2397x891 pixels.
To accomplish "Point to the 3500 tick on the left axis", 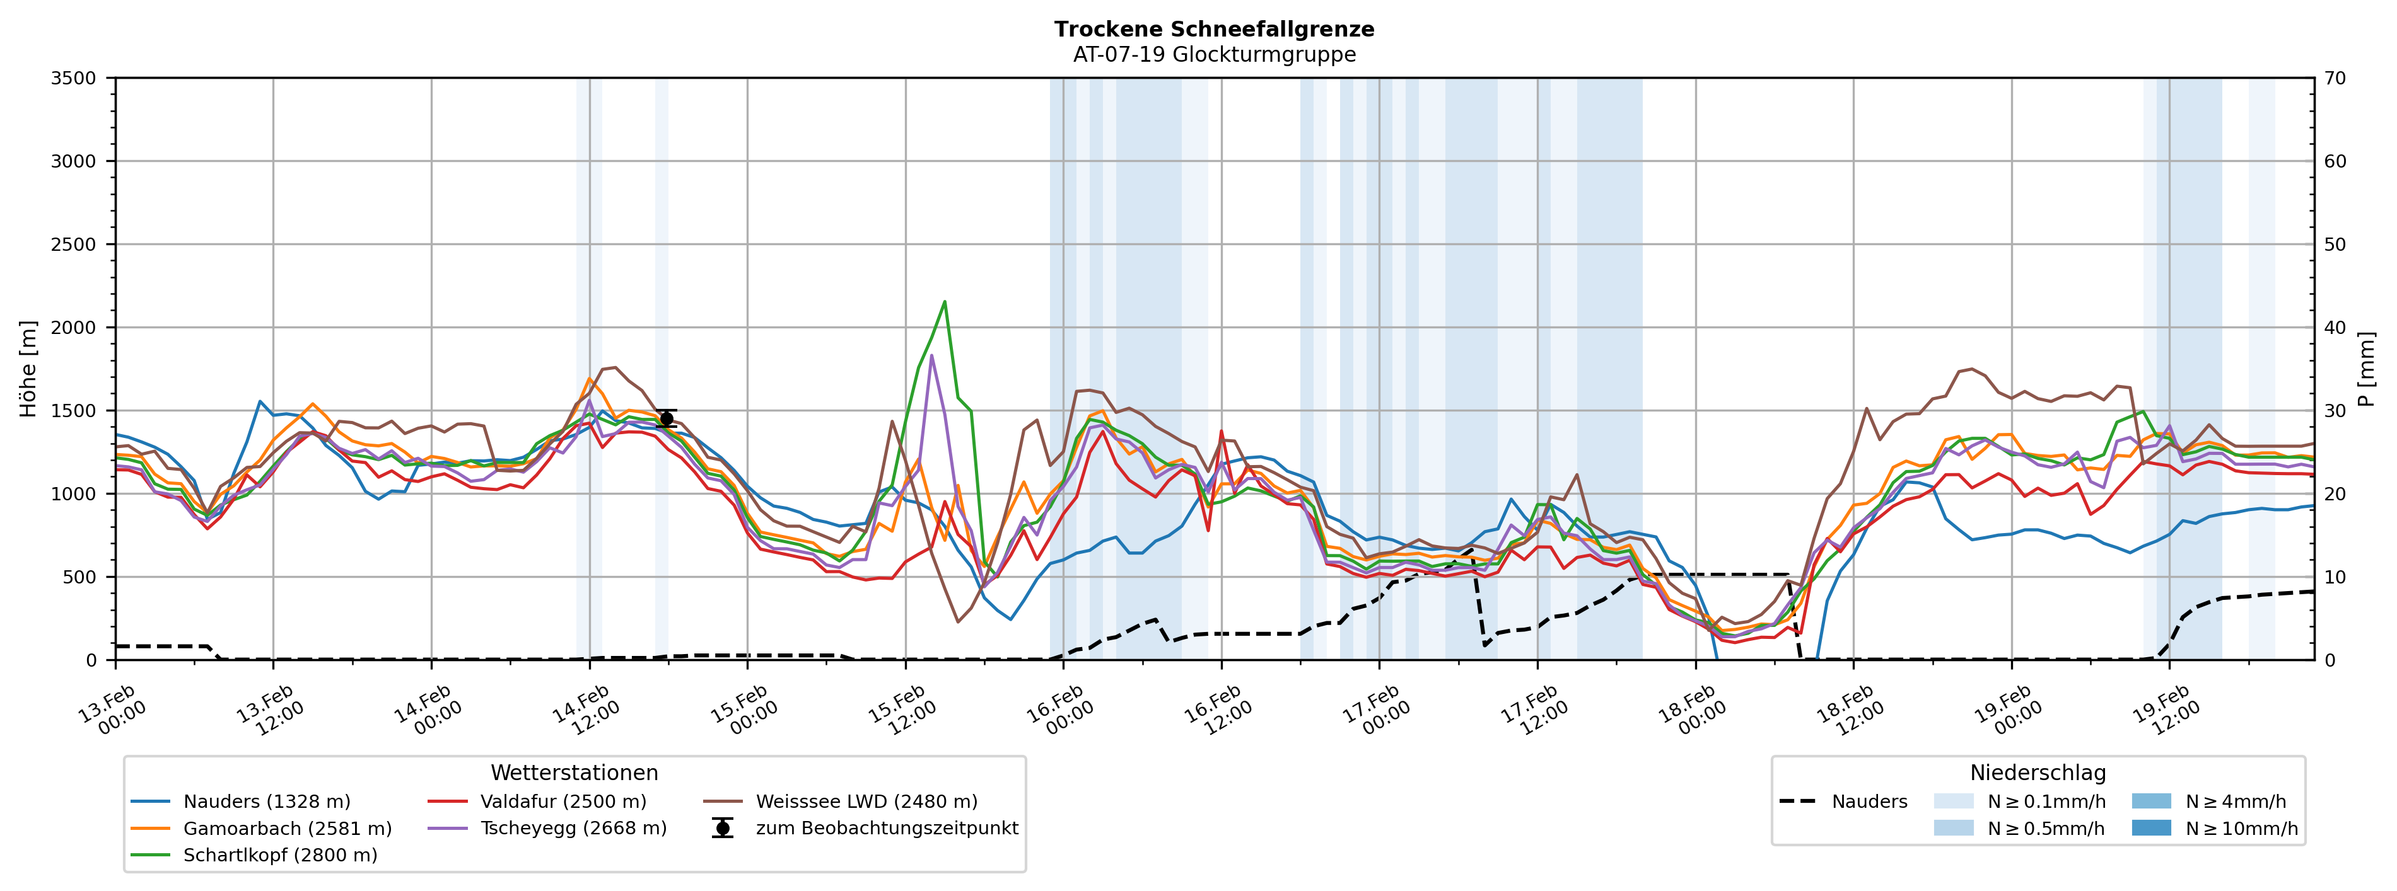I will coord(74,78).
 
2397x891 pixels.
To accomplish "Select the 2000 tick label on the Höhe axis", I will coord(74,328).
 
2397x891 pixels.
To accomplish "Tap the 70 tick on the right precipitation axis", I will coord(2335,78).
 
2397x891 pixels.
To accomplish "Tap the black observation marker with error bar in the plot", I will coord(666,418).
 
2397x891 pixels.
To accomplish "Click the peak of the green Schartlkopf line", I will coord(945,301).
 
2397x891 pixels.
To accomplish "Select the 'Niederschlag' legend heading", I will coord(2037,773).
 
